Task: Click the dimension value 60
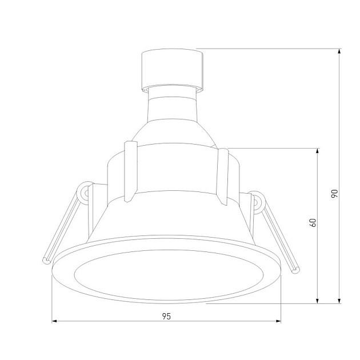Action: point(313,223)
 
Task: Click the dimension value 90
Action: point(335,194)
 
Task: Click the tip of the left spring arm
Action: point(46,261)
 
